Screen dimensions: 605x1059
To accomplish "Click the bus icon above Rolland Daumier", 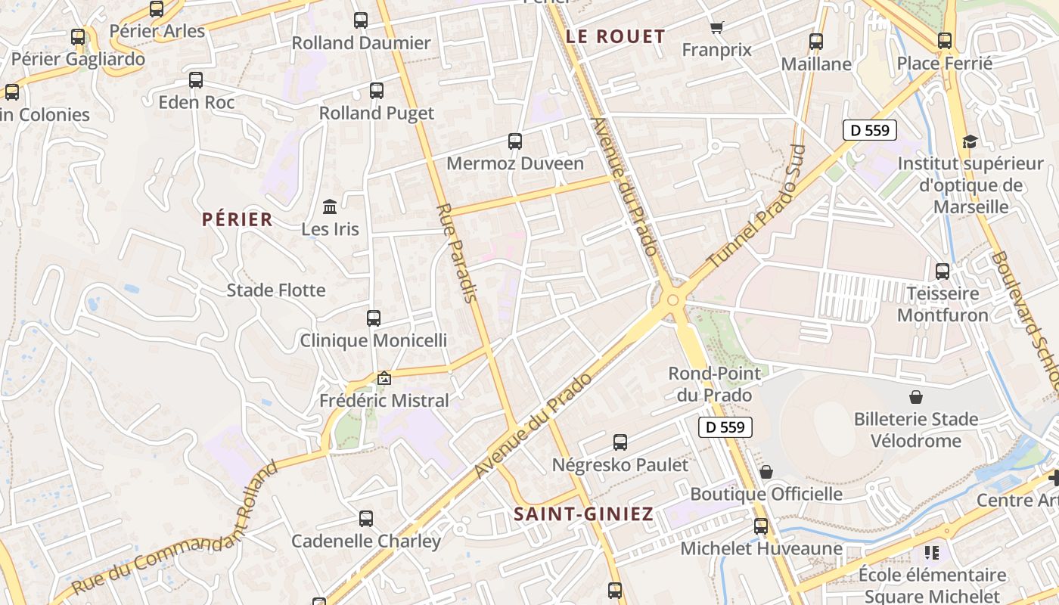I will click(x=361, y=20).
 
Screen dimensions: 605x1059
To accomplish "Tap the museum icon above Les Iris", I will click(x=330, y=206).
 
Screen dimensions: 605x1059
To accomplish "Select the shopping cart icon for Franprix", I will click(x=716, y=28).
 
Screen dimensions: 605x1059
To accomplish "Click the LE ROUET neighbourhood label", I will click(x=615, y=36).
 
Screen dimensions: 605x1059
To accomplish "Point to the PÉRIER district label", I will click(x=237, y=219).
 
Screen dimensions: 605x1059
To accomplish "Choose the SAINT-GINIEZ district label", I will click(x=583, y=514).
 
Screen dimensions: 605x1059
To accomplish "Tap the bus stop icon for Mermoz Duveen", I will click(x=515, y=141).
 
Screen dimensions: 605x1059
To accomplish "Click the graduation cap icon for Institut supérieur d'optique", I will click(x=970, y=141).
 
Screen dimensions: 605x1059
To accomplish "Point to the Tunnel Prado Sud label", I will click(x=757, y=206).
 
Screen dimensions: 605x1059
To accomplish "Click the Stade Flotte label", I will click(x=276, y=290).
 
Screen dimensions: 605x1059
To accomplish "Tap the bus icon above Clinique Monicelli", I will click(x=373, y=318).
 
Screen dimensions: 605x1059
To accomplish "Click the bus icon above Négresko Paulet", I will click(x=620, y=442).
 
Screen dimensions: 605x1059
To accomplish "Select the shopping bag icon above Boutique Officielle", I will click(x=766, y=472).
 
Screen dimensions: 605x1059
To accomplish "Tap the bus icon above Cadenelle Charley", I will click(x=366, y=519).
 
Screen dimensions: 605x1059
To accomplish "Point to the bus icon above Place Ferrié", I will click(x=945, y=41).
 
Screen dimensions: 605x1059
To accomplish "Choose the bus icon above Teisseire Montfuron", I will click(x=943, y=271).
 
